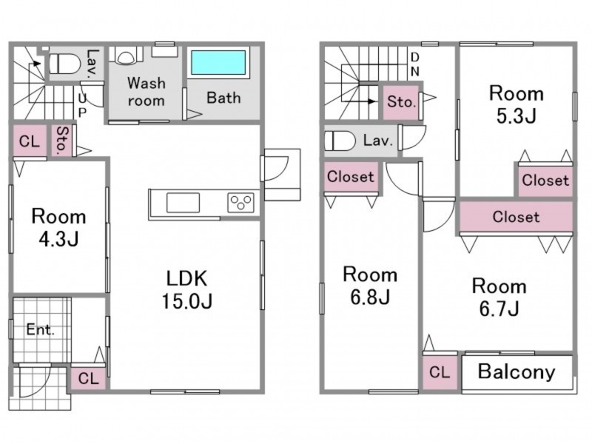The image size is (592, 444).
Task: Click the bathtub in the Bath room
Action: pos(218,63)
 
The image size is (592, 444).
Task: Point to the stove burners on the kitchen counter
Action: pos(241,202)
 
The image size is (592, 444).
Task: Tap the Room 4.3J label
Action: pos(58,228)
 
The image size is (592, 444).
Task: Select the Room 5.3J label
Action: pos(516,104)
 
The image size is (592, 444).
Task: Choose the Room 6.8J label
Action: pos(369,286)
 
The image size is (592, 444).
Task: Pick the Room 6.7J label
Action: pos(499,297)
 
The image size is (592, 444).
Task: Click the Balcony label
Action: pos(516,371)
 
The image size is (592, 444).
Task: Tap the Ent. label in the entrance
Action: pos(41,330)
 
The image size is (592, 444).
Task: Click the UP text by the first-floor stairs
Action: pos(82,104)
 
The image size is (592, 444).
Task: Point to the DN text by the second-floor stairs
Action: pos(415,64)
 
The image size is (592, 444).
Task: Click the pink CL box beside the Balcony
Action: pos(440,373)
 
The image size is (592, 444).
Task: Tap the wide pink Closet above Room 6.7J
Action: pos(516,218)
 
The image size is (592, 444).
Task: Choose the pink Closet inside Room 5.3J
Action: pos(545,181)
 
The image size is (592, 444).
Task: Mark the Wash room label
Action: pos(146,91)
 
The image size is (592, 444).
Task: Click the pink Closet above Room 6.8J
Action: pos(351,178)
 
